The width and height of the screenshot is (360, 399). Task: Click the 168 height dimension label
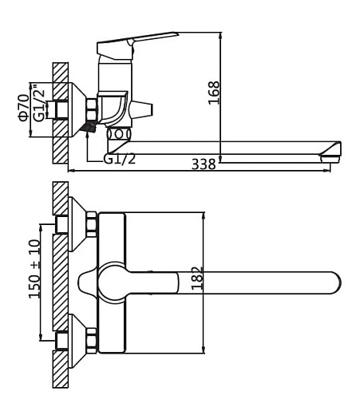pyautogui.click(x=214, y=93)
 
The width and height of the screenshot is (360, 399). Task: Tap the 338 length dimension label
pyautogui.click(x=204, y=164)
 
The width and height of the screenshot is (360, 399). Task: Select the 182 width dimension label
pyautogui.click(x=197, y=279)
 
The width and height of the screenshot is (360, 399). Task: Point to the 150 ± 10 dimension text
pyautogui.click(x=35, y=269)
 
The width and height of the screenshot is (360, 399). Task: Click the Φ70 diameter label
pyautogui.click(x=24, y=108)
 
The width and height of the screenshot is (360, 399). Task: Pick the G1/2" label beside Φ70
pyautogui.click(x=39, y=102)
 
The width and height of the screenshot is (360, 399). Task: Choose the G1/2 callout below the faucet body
pyautogui.click(x=120, y=160)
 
